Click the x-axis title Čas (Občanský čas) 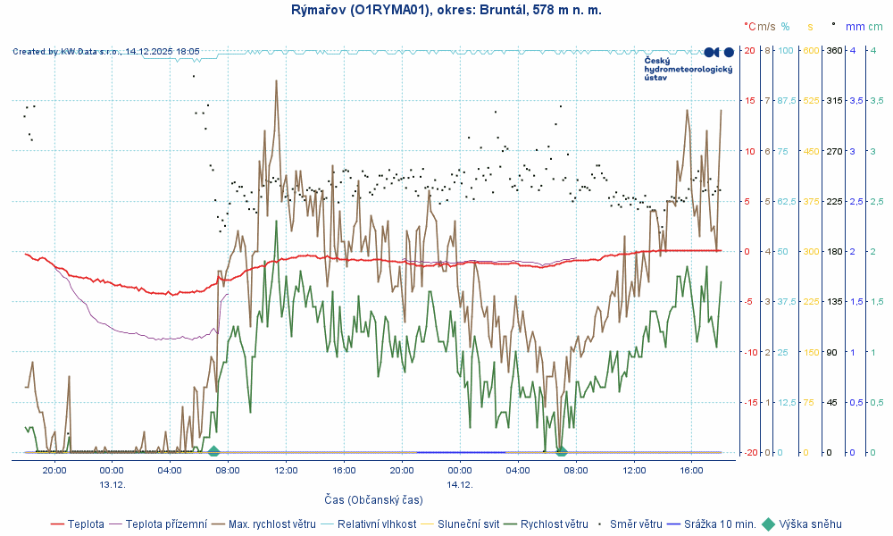point(373,499)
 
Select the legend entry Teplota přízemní point(166,524)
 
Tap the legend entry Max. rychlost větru point(271,524)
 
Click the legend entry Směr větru point(634,524)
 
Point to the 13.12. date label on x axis point(112,484)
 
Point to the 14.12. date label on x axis point(460,484)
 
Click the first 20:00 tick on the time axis point(54,470)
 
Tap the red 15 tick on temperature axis point(751,101)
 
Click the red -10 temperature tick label point(750,352)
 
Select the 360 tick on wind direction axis point(834,50)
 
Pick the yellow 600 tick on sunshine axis point(811,50)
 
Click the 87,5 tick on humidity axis point(786,101)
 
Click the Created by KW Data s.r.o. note point(106,52)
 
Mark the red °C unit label point(749,27)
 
